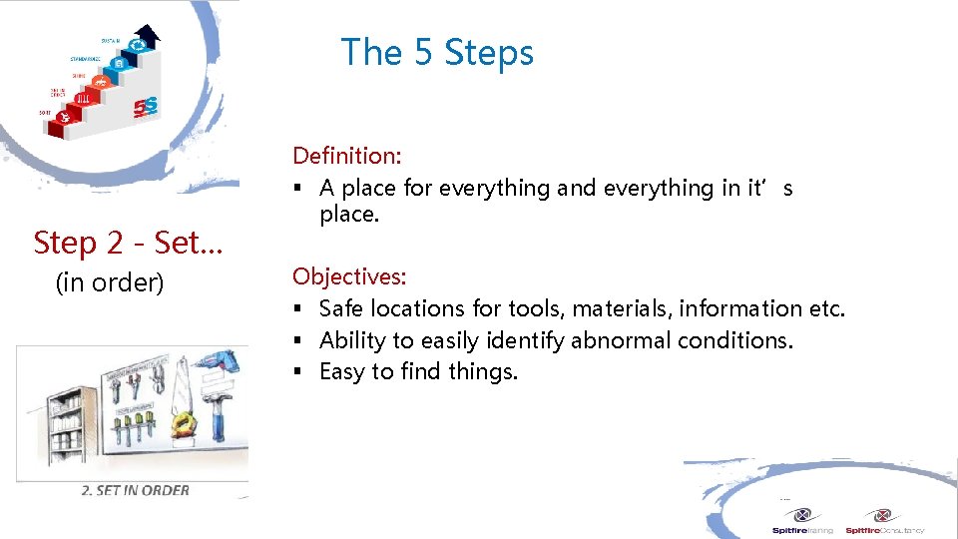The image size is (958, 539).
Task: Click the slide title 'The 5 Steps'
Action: point(437,52)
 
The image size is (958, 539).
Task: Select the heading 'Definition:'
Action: point(346,156)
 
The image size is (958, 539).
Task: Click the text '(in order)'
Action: point(110,283)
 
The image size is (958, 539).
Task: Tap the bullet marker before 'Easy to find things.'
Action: point(297,372)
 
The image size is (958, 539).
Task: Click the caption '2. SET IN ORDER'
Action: point(136,490)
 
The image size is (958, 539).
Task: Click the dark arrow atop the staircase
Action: point(146,37)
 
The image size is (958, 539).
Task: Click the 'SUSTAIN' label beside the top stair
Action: point(110,41)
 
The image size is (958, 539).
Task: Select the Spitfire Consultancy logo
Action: point(884,521)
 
